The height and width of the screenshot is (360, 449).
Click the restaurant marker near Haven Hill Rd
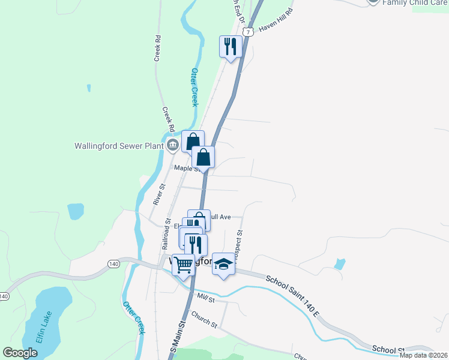coord(231,47)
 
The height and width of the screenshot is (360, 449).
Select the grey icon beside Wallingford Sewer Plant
coord(172,144)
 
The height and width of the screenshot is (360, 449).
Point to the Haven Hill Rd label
coord(277,20)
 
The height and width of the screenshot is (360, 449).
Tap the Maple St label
coord(186,169)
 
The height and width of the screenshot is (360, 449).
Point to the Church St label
coord(204,319)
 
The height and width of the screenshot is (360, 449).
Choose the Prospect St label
coord(240,244)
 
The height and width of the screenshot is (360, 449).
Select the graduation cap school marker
coord(223,265)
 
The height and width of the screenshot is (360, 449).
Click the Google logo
coord(20,353)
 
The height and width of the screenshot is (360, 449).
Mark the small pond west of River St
coord(76,211)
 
